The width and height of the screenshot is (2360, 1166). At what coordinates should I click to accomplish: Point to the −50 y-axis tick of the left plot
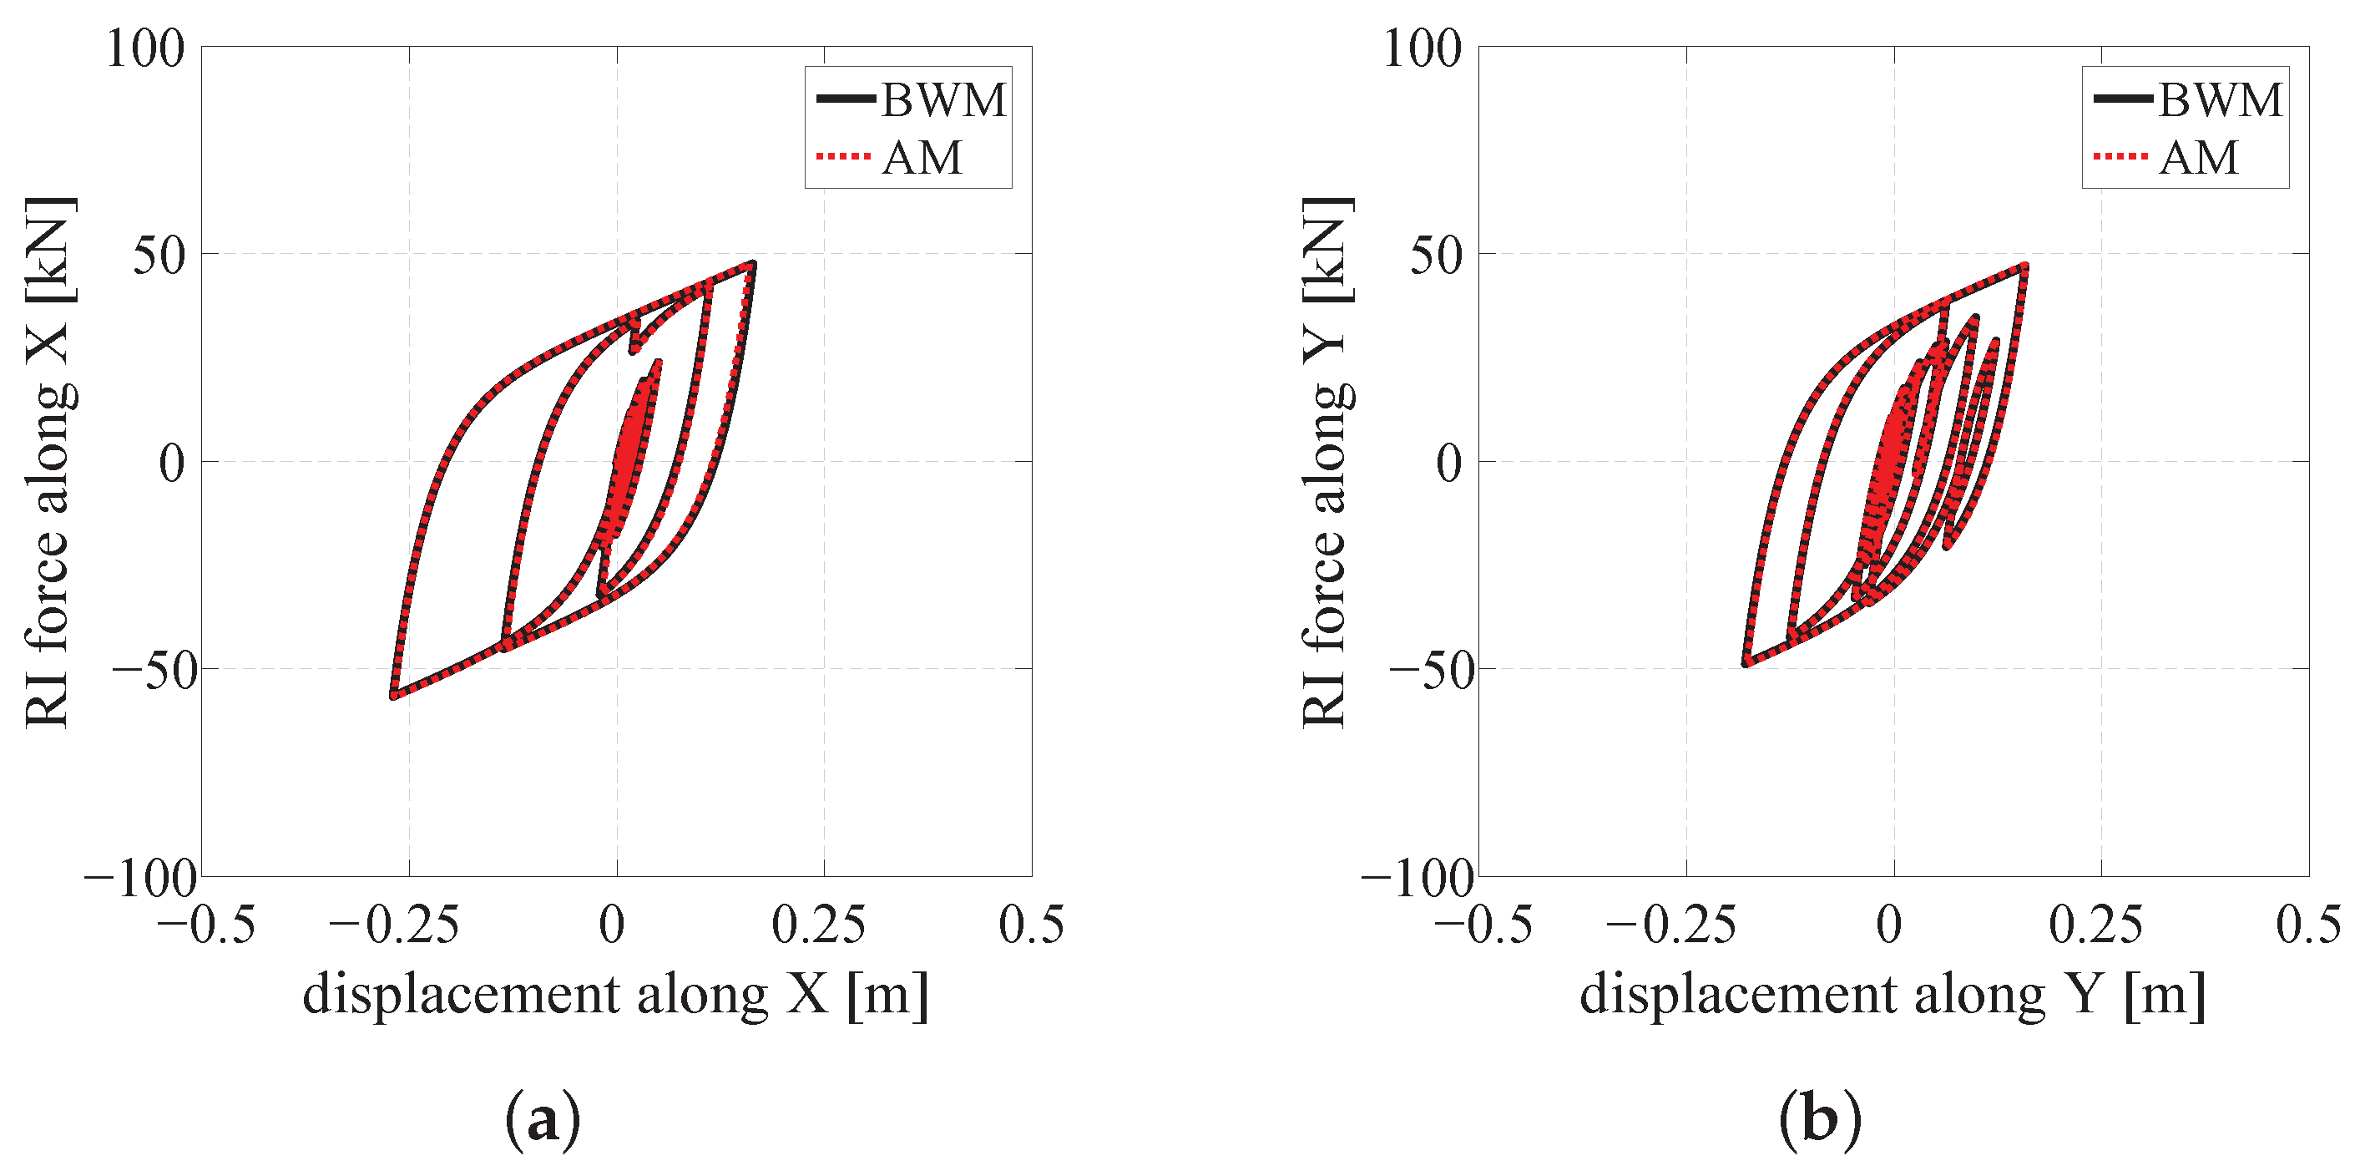click(154, 672)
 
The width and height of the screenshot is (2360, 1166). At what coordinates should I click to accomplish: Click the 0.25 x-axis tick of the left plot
click(818, 925)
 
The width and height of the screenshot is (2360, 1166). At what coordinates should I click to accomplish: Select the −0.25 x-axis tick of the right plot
click(1671, 925)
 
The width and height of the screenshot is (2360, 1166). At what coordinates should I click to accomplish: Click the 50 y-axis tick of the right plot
click(1436, 256)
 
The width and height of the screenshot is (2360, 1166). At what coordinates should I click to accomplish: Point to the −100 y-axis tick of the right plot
click(1418, 880)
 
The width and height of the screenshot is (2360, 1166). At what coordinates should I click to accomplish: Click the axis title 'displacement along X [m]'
click(615, 994)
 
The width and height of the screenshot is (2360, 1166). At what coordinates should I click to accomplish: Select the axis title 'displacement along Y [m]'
click(1893, 994)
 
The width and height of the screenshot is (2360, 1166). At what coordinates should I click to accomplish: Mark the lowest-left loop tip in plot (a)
click(394, 695)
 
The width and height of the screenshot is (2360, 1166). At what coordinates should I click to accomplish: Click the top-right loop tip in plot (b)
click(2024, 266)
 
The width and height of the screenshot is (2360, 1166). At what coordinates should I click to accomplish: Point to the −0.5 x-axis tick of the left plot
click(205, 925)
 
